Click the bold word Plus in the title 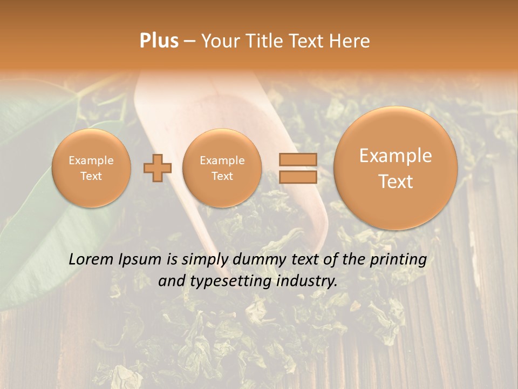[159, 41]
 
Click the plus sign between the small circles [158, 168]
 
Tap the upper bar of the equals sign [297, 159]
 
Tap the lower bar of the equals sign [297, 177]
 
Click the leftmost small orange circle [91, 168]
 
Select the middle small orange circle [222, 168]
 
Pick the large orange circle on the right [396, 168]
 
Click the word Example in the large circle [396, 156]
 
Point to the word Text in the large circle [396, 182]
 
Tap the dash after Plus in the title [189, 42]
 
